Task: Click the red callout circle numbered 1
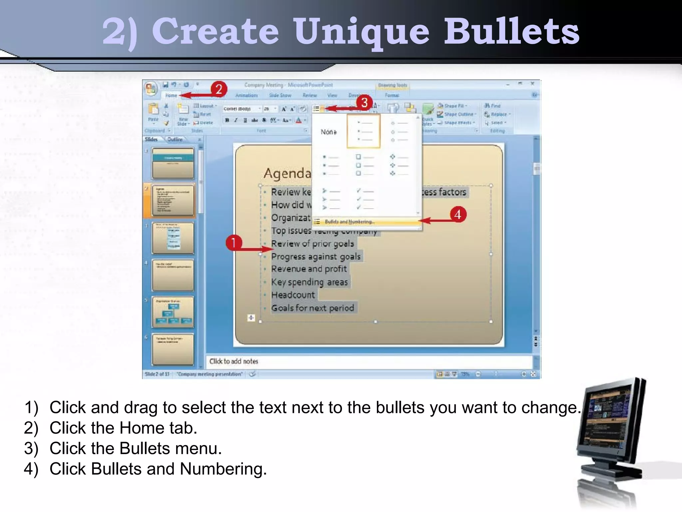pyautogui.click(x=233, y=243)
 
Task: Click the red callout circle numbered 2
pyautogui.click(x=219, y=89)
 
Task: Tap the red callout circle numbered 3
pyautogui.click(x=364, y=102)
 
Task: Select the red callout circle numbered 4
pyautogui.click(x=458, y=214)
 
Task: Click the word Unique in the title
pyautogui.click(x=361, y=32)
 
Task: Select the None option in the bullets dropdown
pyautogui.click(x=328, y=132)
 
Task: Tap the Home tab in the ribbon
pyautogui.click(x=171, y=95)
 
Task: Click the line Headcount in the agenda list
pyautogui.click(x=293, y=295)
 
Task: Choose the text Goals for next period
pyautogui.click(x=312, y=308)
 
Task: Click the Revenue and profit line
pyautogui.click(x=309, y=269)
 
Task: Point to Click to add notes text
pyautogui.click(x=234, y=361)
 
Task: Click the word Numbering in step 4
pyautogui.click(x=223, y=469)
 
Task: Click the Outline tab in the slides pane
pyautogui.click(x=175, y=139)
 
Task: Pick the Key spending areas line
pyautogui.click(x=309, y=282)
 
